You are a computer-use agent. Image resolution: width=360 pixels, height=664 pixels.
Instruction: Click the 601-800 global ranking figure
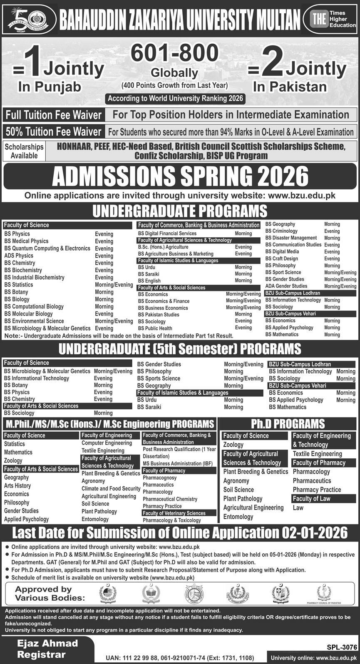point(175,53)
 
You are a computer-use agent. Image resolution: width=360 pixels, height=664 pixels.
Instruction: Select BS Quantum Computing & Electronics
point(47,248)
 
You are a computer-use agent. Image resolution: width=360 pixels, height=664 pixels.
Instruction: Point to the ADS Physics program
point(19,256)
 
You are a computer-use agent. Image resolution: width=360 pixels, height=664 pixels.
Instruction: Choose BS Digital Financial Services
point(167,234)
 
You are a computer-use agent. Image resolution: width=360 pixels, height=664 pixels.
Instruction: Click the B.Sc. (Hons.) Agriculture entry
point(163,247)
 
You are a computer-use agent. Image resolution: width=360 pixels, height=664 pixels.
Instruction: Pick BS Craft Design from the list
point(282,259)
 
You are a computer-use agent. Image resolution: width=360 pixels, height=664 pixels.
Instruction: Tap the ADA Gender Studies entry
point(286,286)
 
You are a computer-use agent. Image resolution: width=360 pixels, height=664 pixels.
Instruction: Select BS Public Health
point(155,328)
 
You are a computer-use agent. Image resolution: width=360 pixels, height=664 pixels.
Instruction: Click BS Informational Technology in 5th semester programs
point(37,378)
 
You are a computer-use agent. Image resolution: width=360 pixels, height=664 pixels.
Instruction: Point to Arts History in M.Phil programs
point(17,486)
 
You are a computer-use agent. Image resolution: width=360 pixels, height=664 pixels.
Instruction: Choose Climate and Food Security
point(111,489)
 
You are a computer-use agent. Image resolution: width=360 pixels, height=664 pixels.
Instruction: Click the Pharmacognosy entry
point(159,478)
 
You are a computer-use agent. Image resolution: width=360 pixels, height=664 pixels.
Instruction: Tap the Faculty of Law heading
point(311,499)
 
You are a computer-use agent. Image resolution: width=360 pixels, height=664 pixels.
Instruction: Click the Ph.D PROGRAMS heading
point(288,424)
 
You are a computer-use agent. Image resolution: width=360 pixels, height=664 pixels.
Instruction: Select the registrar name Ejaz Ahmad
point(47,643)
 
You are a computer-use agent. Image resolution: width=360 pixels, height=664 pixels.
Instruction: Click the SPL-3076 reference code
point(340,647)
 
